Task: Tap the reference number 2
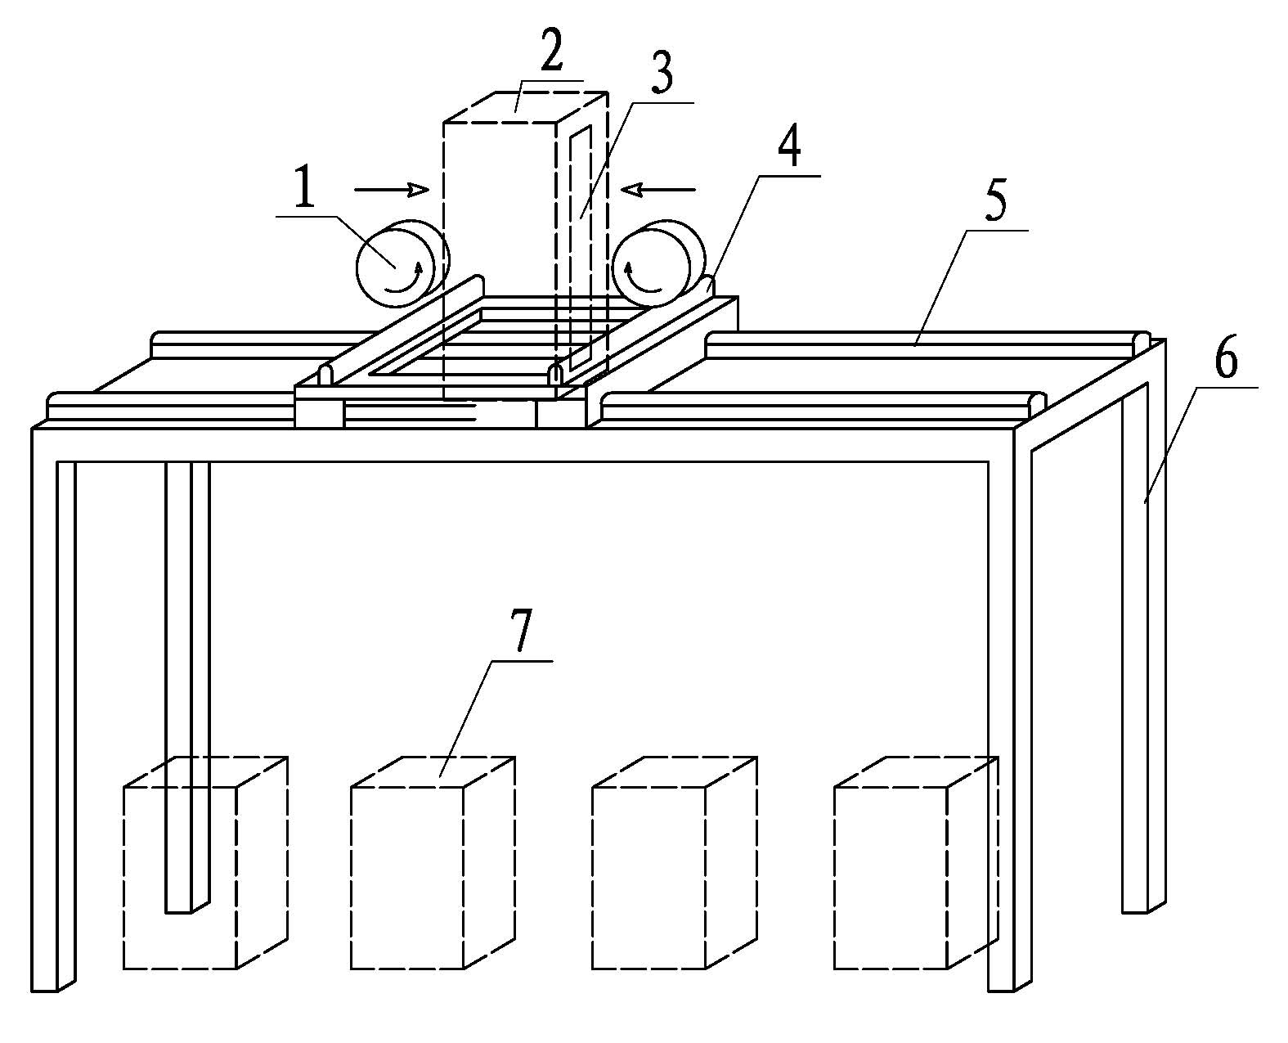coord(551,49)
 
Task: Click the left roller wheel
coord(402,264)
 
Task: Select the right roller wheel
coord(658,264)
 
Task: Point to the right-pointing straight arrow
coord(391,190)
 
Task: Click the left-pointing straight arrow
coord(658,190)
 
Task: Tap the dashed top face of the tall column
coord(526,107)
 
